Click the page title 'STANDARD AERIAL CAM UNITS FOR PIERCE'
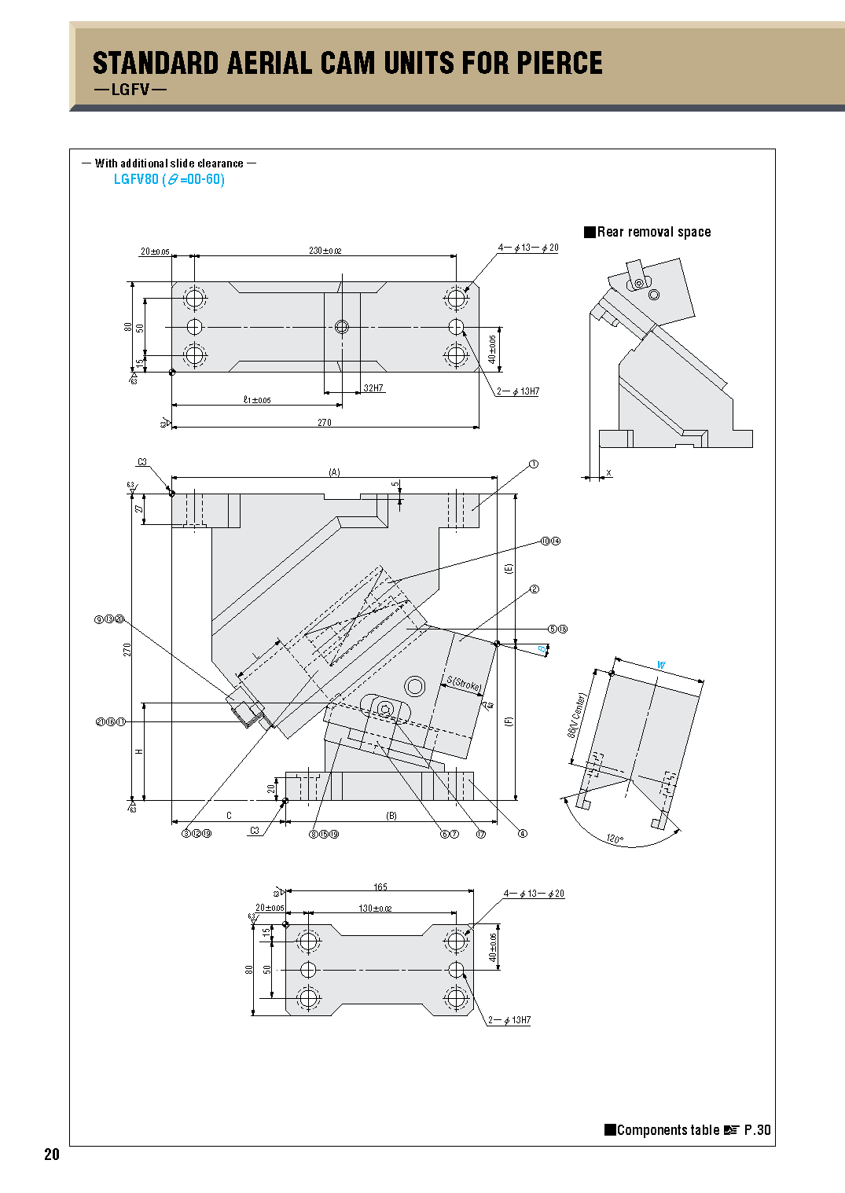pyautogui.click(x=347, y=63)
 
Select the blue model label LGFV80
pyautogui.click(x=136, y=179)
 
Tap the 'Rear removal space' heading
pyautogui.click(x=653, y=232)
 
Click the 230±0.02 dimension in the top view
pyautogui.click(x=325, y=251)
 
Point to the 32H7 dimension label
pyautogui.click(x=373, y=388)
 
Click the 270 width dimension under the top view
pyautogui.click(x=324, y=423)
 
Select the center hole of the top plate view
pyautogui.click(x=341, y=327)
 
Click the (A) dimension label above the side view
pyautogui.click(x=334, y=472)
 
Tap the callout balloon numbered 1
pyautogui.click(x=534, y=464)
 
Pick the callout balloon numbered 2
pyautogui.click(x=535, y=589)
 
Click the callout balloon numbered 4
pyautogui.click(x=522, y=834)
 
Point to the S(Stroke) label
pyautogui.click(x=464, y=684)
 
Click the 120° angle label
pyautogui.click(x=615, y=839)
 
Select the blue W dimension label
pyautogui.click(x=661, y=665)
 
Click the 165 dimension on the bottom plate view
pyautogui.click(x=380, y=887)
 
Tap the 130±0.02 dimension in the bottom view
pyautogui.click(x=375, y=909)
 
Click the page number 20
pyautogui.click(x=52, y=1154)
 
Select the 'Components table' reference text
pyautogui.click(x=667, y=1130)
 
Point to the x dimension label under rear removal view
pyautogui.click(x=608, y=473)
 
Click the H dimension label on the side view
pyautogui.click(x=139, y=752)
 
